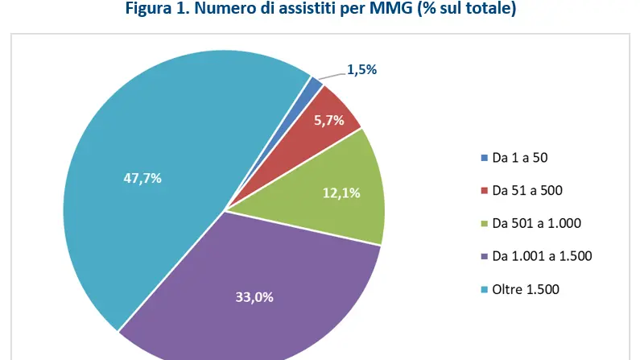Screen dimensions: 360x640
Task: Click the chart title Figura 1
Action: point(320,12)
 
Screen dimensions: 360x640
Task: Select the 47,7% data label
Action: point(142,178)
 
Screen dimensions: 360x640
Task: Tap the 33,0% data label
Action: point(254,297)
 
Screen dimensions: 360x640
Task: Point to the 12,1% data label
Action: point(341,192)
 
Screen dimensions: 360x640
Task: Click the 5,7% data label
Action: point(329,121)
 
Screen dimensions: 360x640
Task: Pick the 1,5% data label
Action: point(361,71)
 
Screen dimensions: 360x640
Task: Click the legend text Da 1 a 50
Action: point(519,158)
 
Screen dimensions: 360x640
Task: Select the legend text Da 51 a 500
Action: point(526,191)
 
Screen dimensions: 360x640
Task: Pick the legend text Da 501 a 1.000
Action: point(536,223)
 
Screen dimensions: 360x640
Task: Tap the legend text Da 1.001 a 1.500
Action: point(542,256)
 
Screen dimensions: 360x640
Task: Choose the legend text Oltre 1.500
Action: point(525,288)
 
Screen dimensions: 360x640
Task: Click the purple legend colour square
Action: point(484,256)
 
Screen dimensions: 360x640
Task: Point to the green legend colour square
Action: point(484,223)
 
